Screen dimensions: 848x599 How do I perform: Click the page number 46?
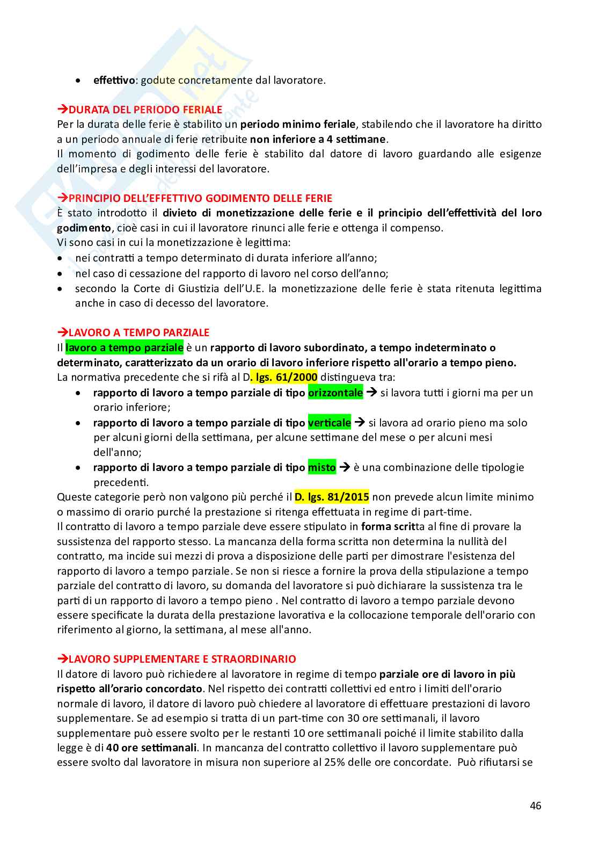535,806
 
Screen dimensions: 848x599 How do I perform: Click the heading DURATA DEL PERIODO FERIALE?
145,110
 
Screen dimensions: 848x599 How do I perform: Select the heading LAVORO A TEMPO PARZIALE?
139,332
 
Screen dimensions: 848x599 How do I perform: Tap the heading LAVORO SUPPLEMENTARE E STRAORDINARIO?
182,659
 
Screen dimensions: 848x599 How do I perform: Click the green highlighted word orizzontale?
335,393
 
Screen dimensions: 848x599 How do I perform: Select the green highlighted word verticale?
329,423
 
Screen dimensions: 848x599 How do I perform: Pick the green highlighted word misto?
322,468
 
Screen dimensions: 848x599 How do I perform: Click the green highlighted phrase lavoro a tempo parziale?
125,347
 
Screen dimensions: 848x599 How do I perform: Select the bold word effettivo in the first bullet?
114,81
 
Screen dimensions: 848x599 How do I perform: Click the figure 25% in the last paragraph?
334,762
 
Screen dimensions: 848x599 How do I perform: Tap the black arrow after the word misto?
345,467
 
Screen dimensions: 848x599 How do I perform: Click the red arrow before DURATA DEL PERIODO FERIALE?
62,110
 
